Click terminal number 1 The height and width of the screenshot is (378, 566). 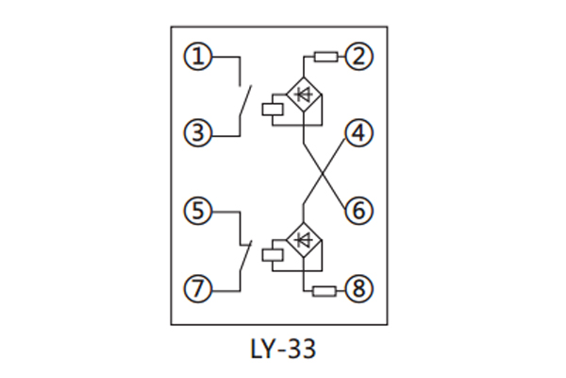(x=197, y=58)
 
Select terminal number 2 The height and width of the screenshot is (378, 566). (x=357, y=58)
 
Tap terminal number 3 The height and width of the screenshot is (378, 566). (x=197, y=133)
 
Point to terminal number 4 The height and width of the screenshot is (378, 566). (x=357, y=133)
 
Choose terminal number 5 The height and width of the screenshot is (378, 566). (x=197, y=210)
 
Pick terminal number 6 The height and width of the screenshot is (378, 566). (x=357, y=210)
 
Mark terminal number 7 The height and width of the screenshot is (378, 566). (x=197, y=288)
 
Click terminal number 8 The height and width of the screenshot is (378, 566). (x=357, y=288)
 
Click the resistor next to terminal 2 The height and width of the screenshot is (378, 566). (x=325, y=58)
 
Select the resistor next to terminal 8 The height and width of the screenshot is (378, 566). (x=325, y=288)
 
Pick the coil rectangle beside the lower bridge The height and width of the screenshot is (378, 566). (x=272, y=253)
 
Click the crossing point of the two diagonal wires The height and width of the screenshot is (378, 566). (x=324, y=172)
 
